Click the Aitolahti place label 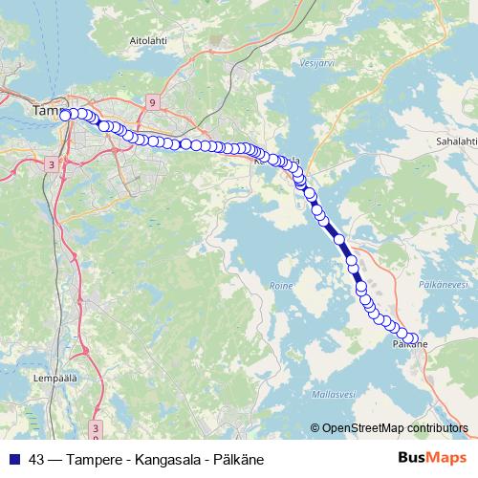click(x=147, y=41)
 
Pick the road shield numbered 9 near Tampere click(x=152, y=100)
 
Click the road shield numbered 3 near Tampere click(x=50, y=165)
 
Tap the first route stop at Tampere click(x=65, y=115)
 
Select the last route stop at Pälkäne click(x=413, y=338)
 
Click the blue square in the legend click(x=13, y=458)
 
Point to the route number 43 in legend click(x=37, y=458)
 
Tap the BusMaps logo click(x=427, y=457)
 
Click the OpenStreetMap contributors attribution click(x=395, y=427)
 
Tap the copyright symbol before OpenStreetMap click(x=315, y=427)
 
